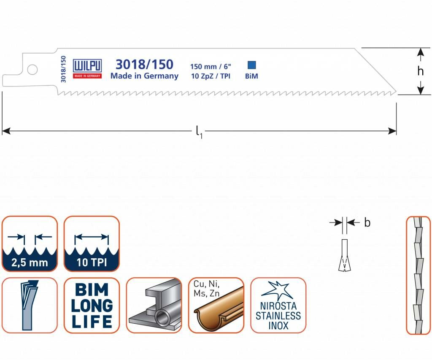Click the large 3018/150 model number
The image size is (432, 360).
click(144, 64)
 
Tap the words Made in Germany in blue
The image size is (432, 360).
click(144, 76)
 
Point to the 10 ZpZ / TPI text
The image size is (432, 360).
click(211, 76)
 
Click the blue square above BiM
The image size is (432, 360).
click(252, 65)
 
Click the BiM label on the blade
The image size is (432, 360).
click(251, 76)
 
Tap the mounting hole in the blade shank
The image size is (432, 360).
click(32, 69)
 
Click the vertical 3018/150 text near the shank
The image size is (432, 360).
click(63, 69)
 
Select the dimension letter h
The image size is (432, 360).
click(420, 71)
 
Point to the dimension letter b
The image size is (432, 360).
click(367, 223)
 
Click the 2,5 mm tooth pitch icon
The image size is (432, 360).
click(30, 244)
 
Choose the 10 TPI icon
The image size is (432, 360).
click(92, 244)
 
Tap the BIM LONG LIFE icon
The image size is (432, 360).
click(92, 305)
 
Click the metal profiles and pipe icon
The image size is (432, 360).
click(154, 305)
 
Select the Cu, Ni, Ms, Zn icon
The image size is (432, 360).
click(216, 305)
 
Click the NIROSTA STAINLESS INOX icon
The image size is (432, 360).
click(278, 305)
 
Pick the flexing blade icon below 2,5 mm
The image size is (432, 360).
click(30, 305)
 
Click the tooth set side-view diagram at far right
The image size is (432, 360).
click(418, 275)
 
